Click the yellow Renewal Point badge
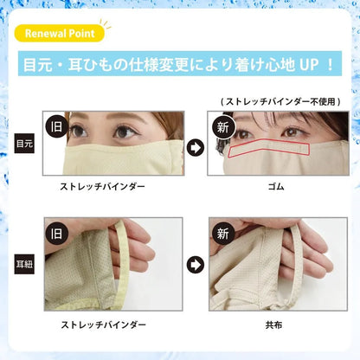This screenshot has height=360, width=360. [x=59, y=33]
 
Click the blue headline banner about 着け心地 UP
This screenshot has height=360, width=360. [x=180, y=64]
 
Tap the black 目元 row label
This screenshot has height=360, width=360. [x=24, y=144]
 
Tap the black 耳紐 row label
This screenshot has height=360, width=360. [x=24, y=264]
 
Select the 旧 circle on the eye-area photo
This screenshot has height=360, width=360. [x=56, y=126]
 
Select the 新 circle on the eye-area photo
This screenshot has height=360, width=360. [x=223, y=127]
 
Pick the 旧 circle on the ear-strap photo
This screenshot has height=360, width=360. [x=56, y=234]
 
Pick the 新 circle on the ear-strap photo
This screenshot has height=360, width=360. [x=223, y=234]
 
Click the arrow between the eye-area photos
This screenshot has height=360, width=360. [x=196, y=148]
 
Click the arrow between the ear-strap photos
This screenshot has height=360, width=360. [x=196, y=265]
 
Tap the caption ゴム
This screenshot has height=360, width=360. [x=276, y=187]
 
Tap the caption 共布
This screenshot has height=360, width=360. [x=273, y=325]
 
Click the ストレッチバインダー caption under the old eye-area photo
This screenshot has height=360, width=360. [x=102, y=187]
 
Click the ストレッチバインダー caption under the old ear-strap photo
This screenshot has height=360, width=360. [x=103, y=325]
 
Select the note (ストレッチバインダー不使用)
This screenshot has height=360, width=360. [x=280, y=101]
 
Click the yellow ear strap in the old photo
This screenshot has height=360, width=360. [x=124, y=260]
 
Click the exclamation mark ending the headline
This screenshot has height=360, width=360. [x=331, y=65]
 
